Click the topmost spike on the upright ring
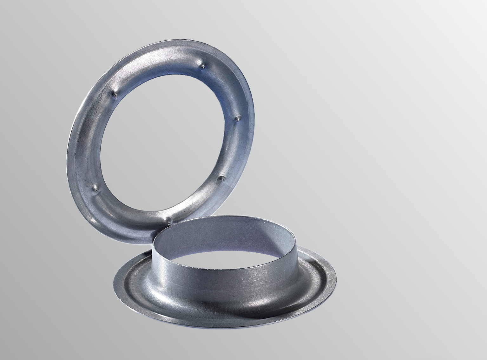coord(202,67)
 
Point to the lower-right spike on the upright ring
coord(221,179)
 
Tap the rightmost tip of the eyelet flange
coord(336,279)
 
